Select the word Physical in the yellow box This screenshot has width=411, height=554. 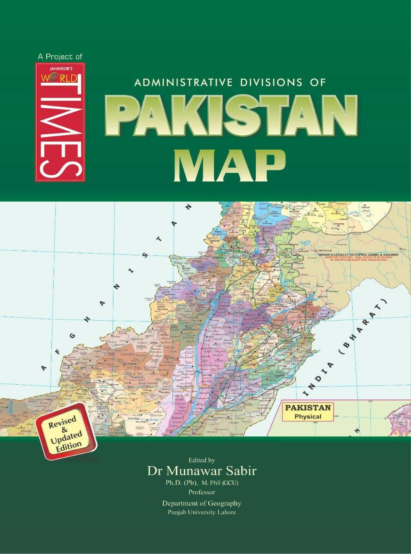308,417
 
